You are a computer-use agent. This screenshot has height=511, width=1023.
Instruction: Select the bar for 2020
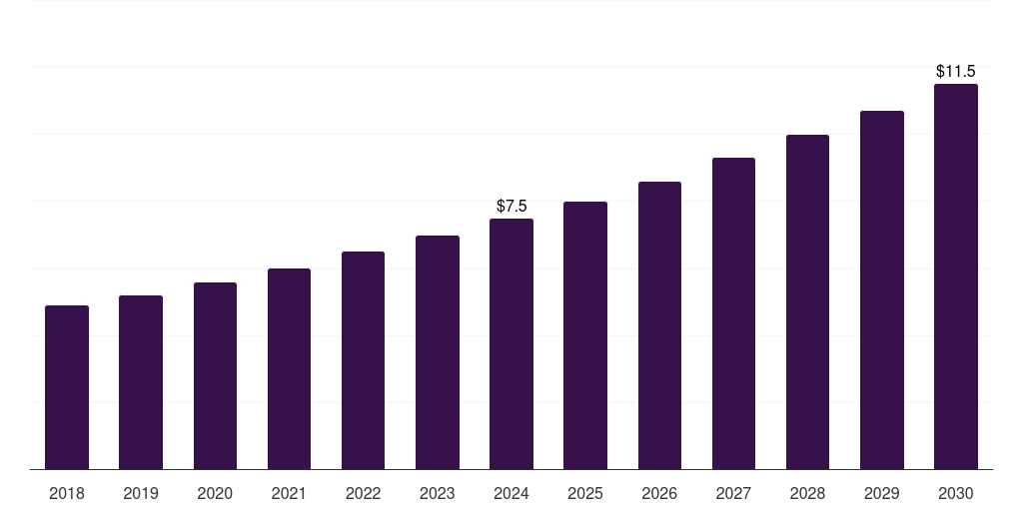(215, 376)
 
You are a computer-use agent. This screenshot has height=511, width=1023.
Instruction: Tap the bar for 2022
(363, 360)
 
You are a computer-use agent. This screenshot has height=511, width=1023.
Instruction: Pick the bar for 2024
(511, 344)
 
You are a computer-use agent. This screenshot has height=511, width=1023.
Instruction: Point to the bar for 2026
(659, 325)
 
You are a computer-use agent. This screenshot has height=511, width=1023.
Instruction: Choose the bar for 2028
(807, 302)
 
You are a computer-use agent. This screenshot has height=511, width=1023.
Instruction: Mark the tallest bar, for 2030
(955, 276)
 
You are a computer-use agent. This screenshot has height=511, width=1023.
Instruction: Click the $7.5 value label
(511, 206)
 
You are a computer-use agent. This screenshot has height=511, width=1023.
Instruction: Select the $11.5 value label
(955, 72)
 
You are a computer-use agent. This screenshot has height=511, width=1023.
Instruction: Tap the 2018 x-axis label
(67, 493)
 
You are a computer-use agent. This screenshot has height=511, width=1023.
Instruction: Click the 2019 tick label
(141, 493)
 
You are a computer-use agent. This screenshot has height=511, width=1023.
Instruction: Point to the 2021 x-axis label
(289, 493)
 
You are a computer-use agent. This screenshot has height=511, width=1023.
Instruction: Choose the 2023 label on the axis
(437, 493)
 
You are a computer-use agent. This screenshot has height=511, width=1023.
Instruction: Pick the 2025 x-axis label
(585, 493)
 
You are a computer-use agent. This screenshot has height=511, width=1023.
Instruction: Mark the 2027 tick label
(733, 493)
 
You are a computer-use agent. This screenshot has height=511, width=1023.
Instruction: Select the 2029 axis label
(881, 493)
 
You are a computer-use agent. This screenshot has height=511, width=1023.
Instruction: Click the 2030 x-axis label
(955, 493)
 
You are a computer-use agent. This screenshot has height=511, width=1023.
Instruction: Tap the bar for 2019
(141, 382)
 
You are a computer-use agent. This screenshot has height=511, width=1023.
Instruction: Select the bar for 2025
(585, 335)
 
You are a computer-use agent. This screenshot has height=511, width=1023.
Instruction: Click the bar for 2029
(881, 290)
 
